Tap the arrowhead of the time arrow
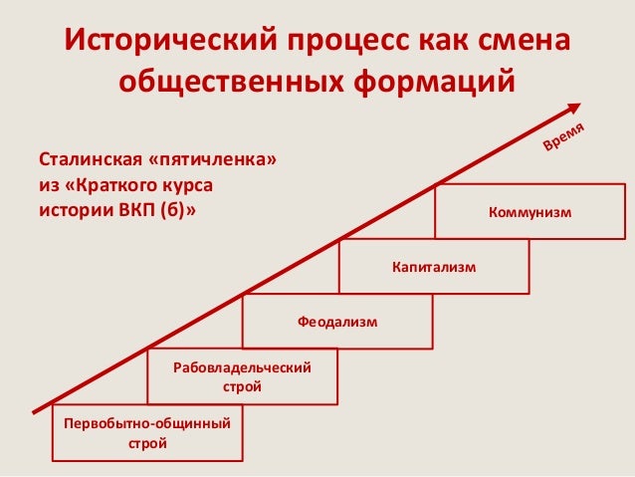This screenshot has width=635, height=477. (x=576, y=106)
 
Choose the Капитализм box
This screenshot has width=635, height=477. (x=434, y=266)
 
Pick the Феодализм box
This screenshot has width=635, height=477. (x=338, y=321)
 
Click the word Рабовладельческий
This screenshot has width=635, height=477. (x=242, y=368)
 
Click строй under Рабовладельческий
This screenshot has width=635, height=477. (x=242, y=386)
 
